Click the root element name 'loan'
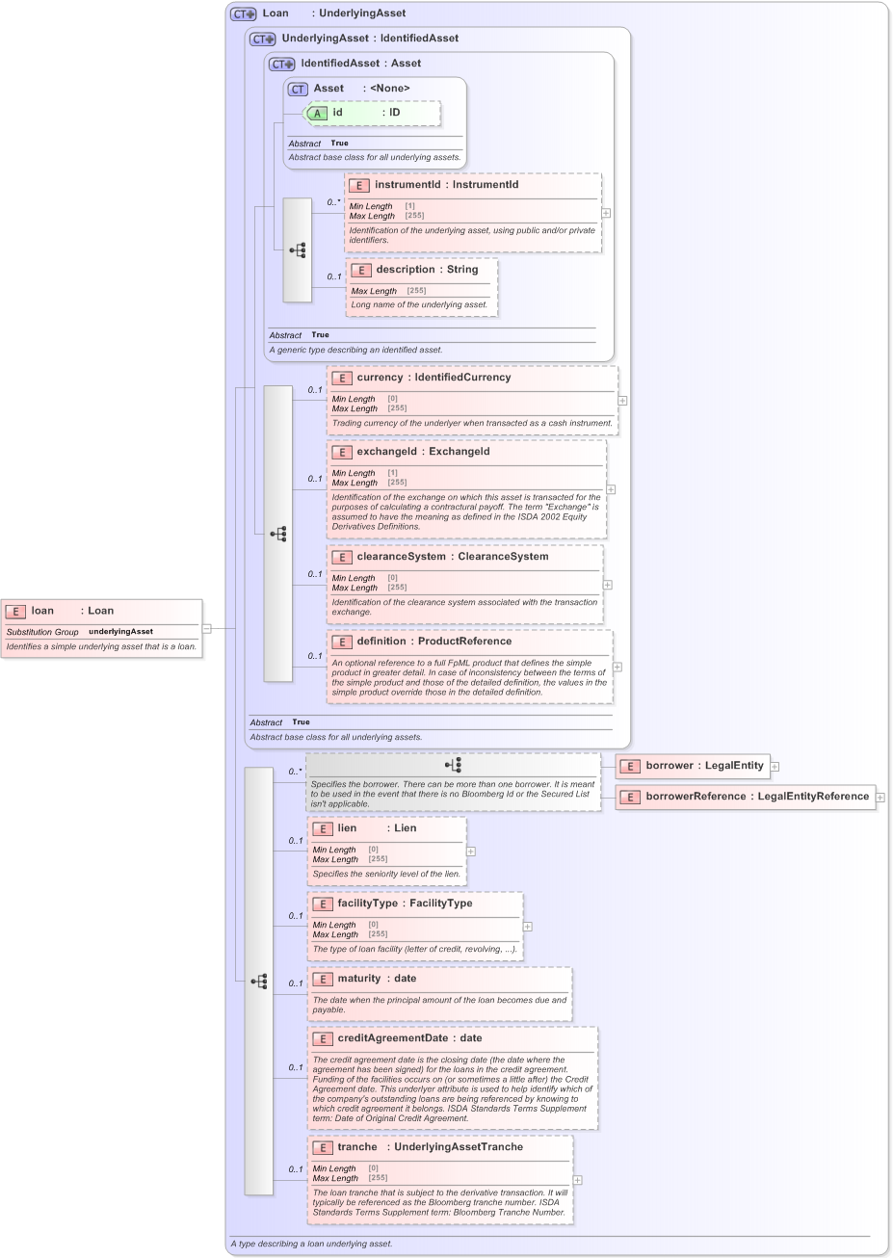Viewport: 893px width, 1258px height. (x=42, y=611)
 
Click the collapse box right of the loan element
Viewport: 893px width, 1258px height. (x=206, y=628)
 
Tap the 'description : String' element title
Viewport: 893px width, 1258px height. (x=427, y=270)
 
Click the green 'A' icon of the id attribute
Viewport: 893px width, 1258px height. (x=317, y=114)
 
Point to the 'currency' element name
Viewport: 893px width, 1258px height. (x=380, y=378)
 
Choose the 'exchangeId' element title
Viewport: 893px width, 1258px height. (x=423, y=452)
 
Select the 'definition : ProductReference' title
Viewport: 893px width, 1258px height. (x=433, y=642)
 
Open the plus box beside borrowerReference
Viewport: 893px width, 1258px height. (x=880, y=798)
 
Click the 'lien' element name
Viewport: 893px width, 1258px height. (x=347, y=828)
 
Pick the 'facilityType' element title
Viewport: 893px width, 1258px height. (x=405, y=904)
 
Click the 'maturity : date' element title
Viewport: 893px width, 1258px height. (x=377, y=979)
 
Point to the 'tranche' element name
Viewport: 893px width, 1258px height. (x=357, y=1147)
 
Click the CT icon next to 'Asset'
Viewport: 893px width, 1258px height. (x=298, y=89)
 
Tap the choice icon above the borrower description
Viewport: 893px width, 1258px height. (x=453, y=765)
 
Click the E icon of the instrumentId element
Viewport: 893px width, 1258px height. (x=358, y=185)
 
